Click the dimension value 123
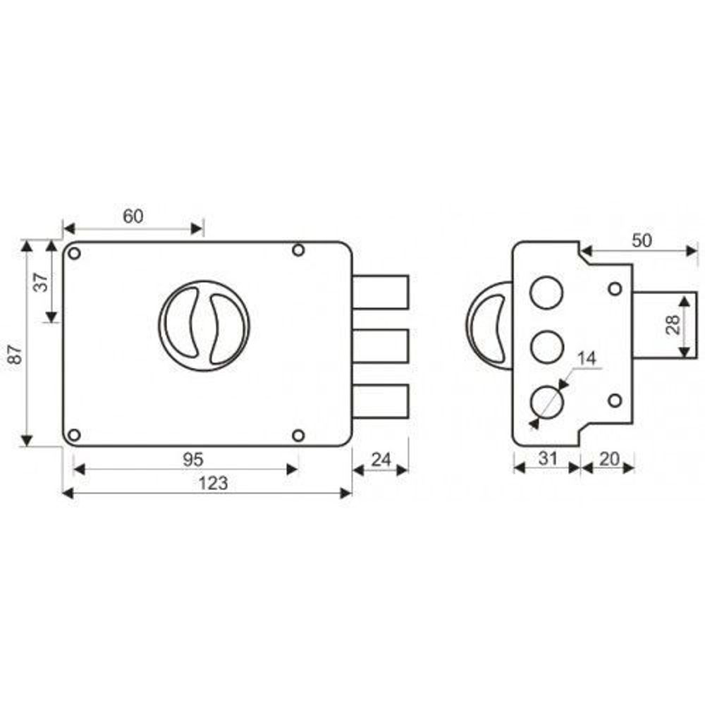click(213, 484)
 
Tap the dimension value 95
click(193, 460)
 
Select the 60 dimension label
click(133, 216)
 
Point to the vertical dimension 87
click(15, 353)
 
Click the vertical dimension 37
click(41, 283)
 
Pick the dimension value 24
click(381, 460)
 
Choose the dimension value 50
click(642, 240)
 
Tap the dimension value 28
click(673, 324)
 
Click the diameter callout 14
click(587, 358)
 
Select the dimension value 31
click(548, 459)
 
